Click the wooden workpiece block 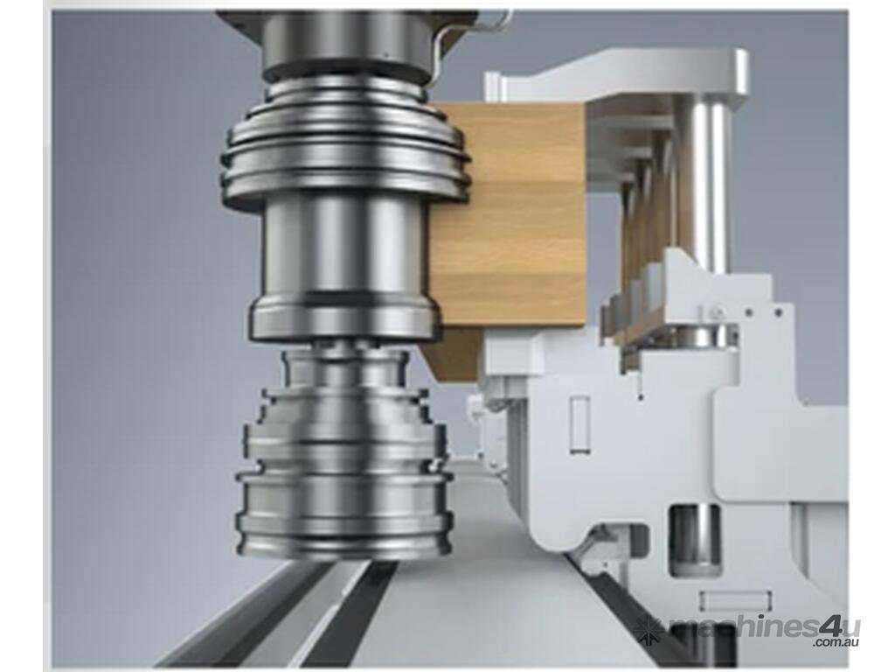pyautogui.click(x=508, y=223)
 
